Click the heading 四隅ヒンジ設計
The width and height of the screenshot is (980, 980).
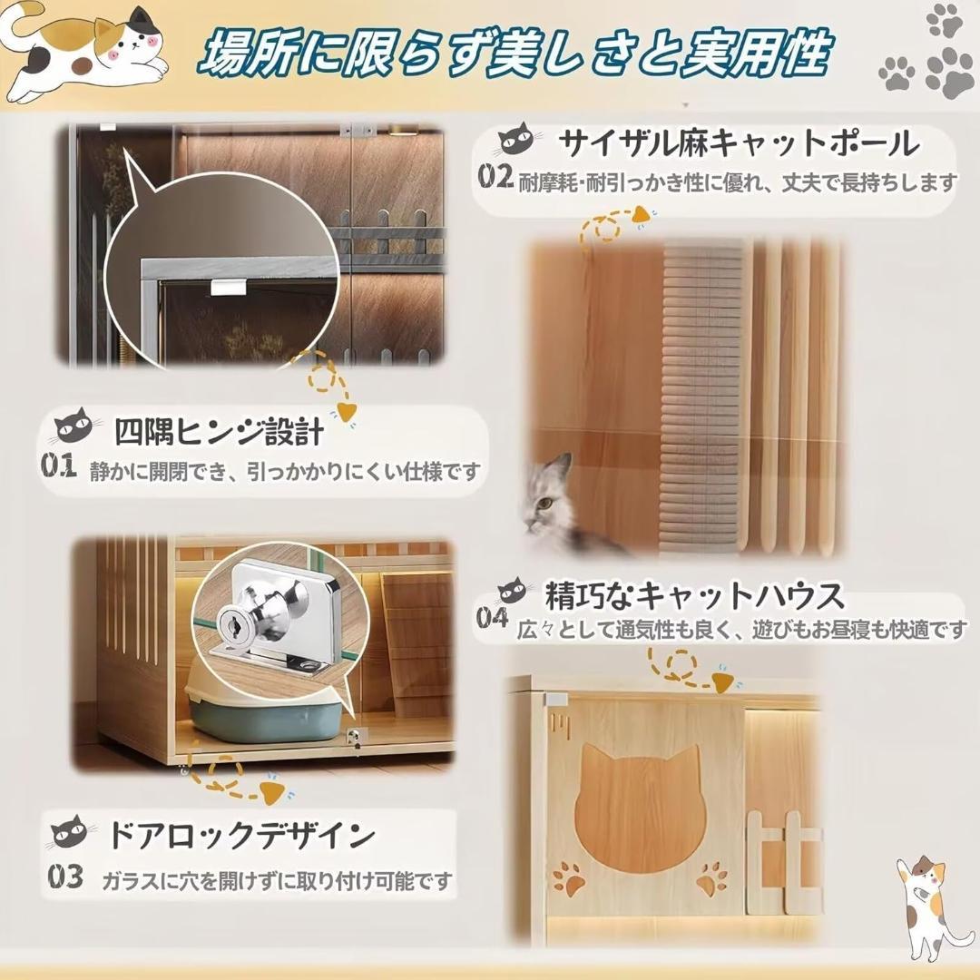click(x=218, y=432)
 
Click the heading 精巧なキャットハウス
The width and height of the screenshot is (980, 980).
click(x=694, y=596)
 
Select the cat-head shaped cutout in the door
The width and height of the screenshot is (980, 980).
click(x=641, y=808)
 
